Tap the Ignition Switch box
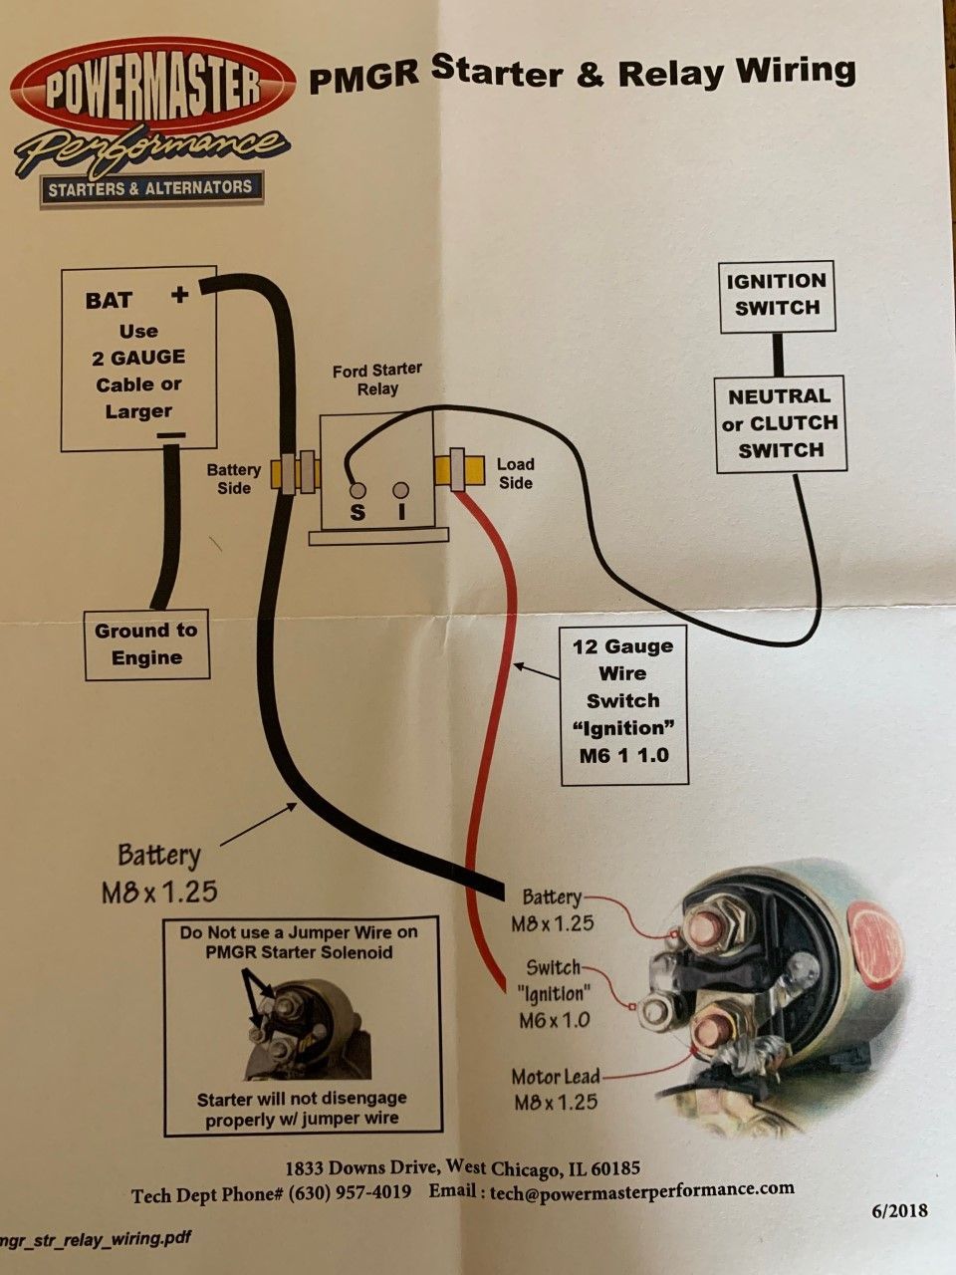tap(777, 296)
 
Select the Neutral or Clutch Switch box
tap(780, 423)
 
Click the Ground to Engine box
tap(146, 644)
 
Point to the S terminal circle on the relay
tap(358, 491)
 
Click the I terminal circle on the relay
tap(400, 491)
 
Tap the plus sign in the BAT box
tap(180, 295)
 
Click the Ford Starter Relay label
tap(376, 380)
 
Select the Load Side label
tap(516, 473)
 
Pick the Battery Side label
tap(233, 479)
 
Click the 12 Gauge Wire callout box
tap(623, 705)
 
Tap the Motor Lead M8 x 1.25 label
tap(556, 1090)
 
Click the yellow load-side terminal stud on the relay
tap(459, 470)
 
